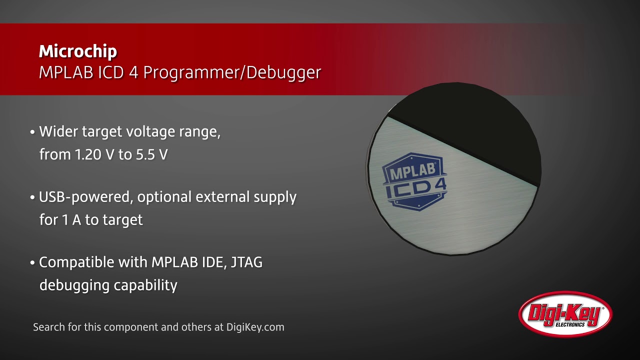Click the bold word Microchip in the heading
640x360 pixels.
point(78,51)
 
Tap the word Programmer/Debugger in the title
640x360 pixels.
point(232,72)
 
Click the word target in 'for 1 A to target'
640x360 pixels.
point(121,220)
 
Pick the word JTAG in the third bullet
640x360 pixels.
point(246,262)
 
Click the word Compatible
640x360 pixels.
point(72,262)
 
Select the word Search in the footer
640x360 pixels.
point(48,327)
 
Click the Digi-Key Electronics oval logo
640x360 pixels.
point(565,314)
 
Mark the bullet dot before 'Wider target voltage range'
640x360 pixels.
point(32,133)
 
